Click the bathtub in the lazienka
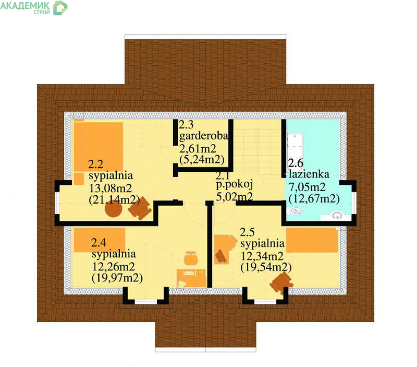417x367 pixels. tap(295, 151)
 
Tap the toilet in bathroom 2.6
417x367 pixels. tap(295, 211)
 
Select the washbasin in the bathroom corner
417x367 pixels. tap(337, 215)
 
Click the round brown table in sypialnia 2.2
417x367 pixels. tap(114, 209)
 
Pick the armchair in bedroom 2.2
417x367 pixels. tap(140, 208)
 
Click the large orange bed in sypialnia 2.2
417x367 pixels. tap(99, 147)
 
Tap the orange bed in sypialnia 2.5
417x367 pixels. tap(312, 240)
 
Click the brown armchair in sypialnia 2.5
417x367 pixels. tap(281, 283)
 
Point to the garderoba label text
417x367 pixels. tap(204, 136)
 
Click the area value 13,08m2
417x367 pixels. tap(111, 188)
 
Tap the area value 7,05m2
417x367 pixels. tap(307, 187)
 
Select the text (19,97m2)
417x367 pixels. tap(117, 278)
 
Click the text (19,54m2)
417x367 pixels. tap(266, 267)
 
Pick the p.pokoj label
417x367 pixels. tap(234, 184)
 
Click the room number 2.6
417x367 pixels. tap(296, 163)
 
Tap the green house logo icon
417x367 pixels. tap(60, 8)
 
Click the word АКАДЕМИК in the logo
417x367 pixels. tap(24, 5)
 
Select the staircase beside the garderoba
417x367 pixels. tap(256, 149)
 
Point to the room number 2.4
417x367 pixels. tap(99, 243)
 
